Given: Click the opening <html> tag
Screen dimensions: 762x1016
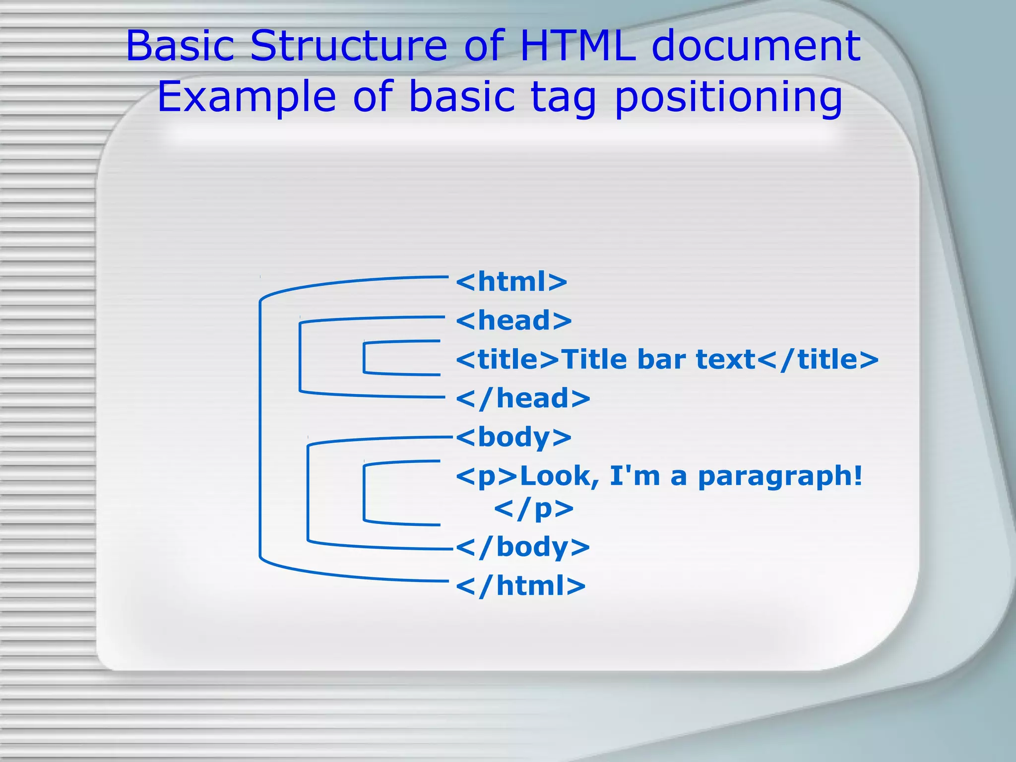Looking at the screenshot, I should [511, 282].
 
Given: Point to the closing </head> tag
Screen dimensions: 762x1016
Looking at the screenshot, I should [523, 398].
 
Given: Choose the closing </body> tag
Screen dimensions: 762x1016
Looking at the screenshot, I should [523, 547].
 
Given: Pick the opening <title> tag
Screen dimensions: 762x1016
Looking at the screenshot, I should [508, 359].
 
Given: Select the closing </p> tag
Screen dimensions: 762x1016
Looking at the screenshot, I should [534, 508].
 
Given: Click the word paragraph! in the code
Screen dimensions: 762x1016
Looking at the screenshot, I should [780, 476].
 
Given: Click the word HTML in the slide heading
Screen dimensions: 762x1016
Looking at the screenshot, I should [578, 46].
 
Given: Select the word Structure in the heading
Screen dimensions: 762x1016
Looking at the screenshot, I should [349, 46].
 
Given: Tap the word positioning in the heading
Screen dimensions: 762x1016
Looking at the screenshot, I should [728, 97].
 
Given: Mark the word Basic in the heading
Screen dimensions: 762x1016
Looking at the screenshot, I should [180, 46].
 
